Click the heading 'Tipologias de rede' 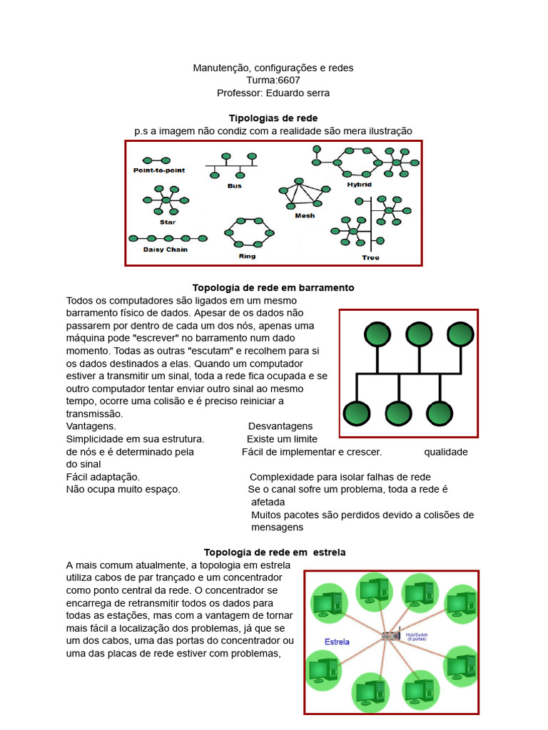(273, 118)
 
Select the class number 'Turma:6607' (273, 80)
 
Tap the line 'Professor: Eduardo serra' (273, 93)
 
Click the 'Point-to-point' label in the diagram (158, 170)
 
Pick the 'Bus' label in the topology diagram (234, 186)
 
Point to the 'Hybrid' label (360, 185)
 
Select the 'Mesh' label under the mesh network (305, 215)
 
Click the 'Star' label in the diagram (167, 222)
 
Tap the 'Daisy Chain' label (166, 250)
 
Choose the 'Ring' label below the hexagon (247, 256)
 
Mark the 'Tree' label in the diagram (370, 257)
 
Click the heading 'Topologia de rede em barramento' (273, 287)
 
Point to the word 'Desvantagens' (280, 426)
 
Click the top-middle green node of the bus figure (419, 334)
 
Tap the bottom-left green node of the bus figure (356, 413)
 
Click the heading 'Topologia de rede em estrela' (275, 552)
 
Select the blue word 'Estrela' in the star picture (337, 642)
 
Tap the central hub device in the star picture (390, 636)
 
